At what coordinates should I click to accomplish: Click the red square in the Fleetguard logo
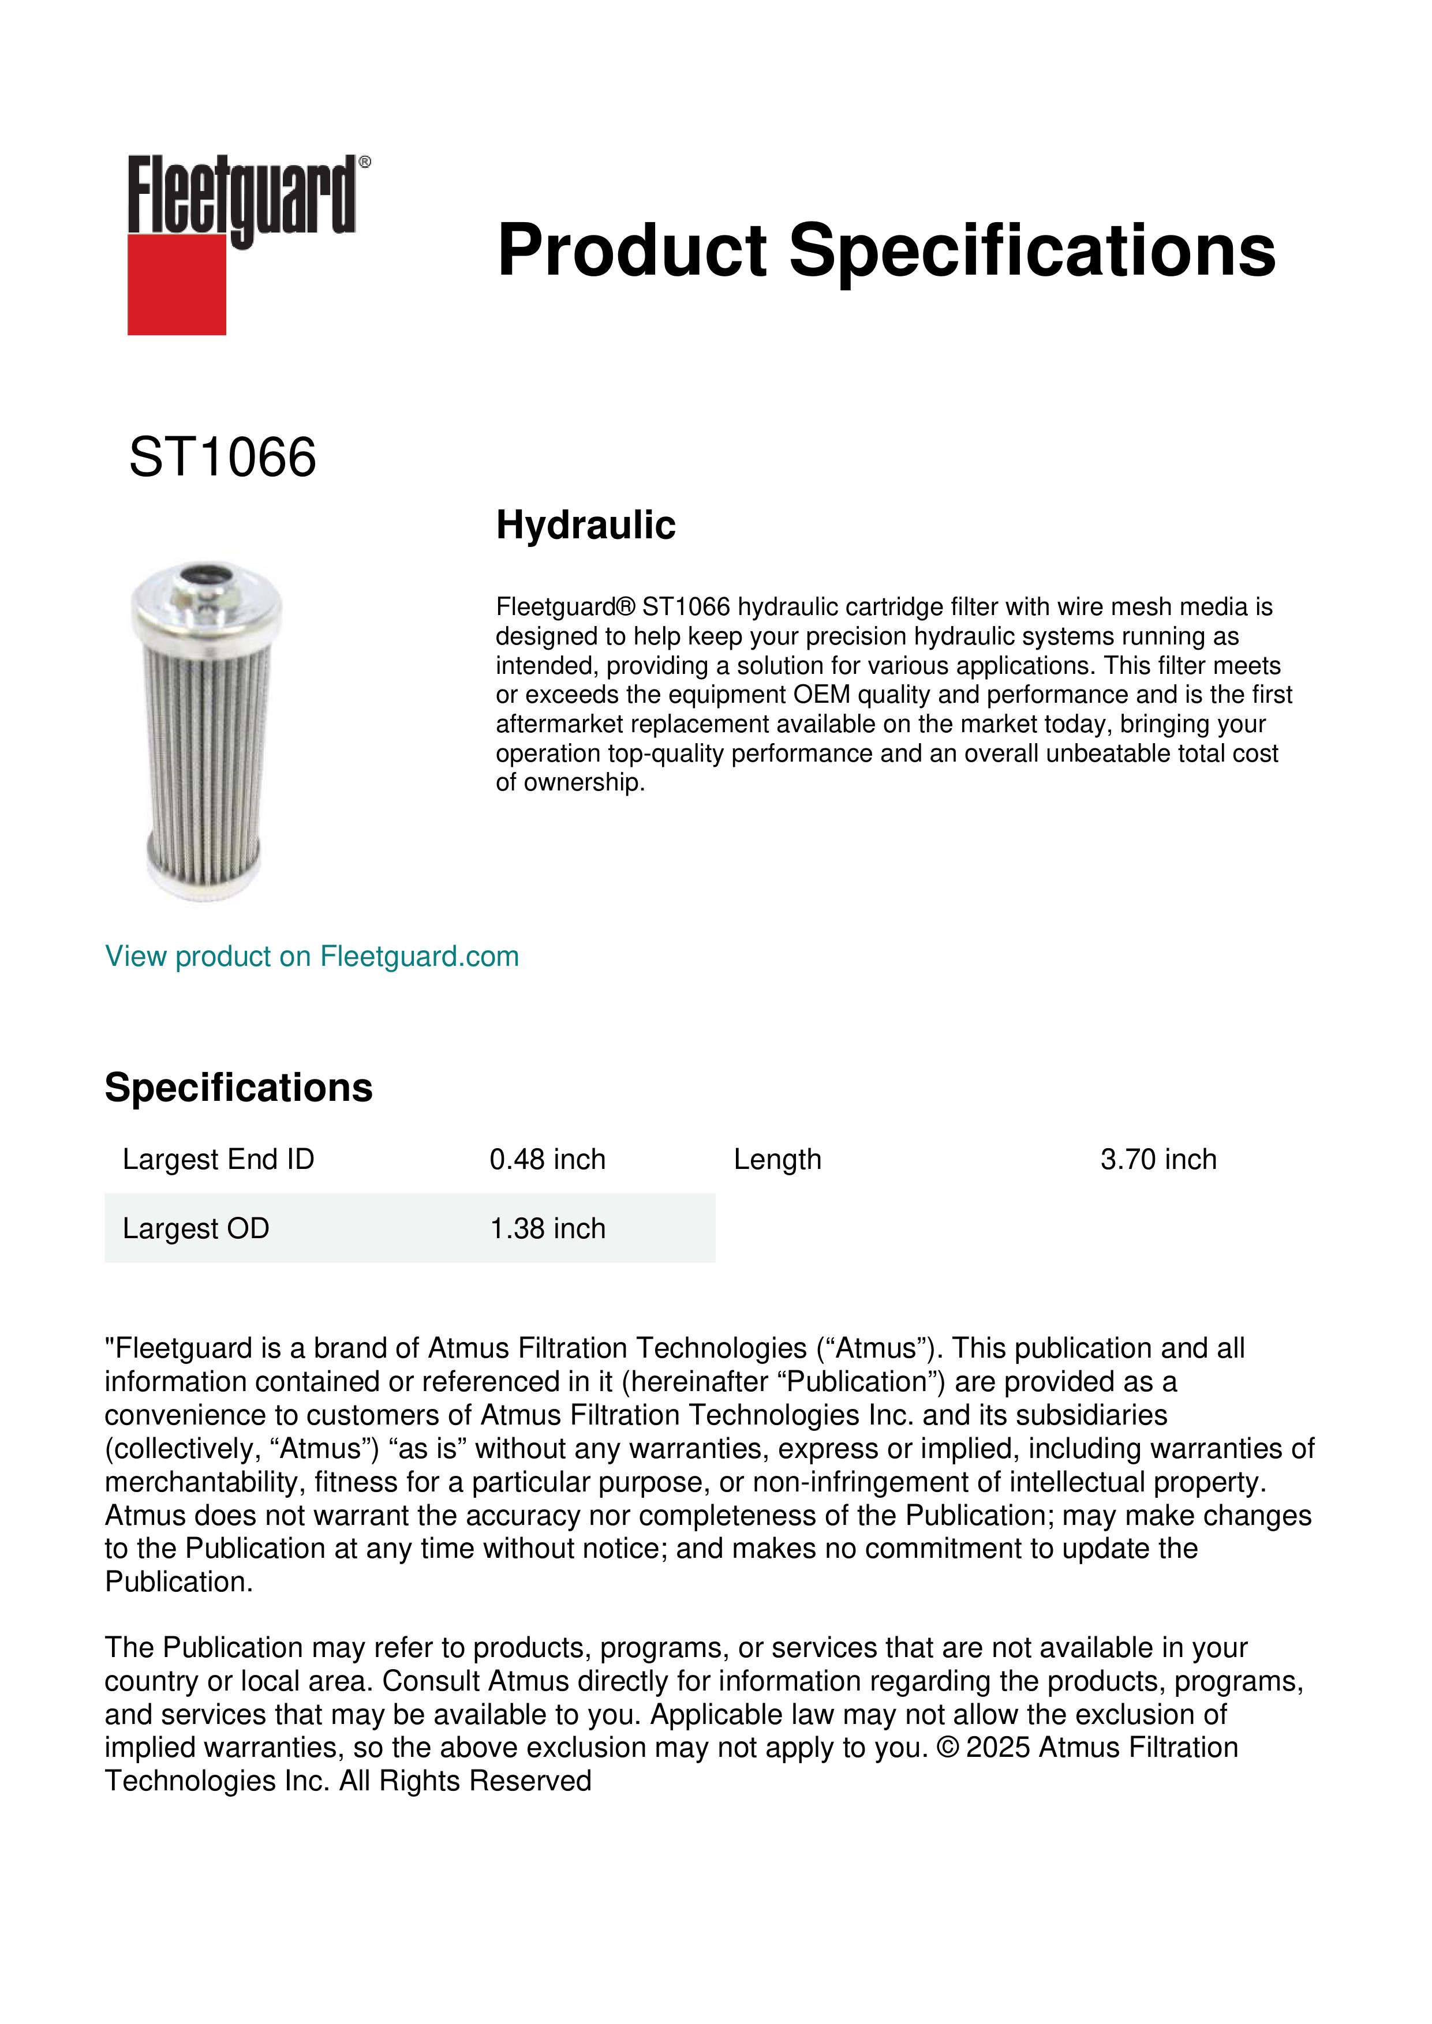[x=177, y=284]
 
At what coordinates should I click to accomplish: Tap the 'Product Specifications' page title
[x=886, y=250]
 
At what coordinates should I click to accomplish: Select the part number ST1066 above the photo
[x=222, y=458]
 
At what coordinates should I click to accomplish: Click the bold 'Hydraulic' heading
[x=585, y=526]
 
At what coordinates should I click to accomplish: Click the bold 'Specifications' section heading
[x=238, y=1088]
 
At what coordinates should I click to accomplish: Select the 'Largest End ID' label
[x=218, y=1159]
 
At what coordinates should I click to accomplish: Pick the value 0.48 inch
[x=548, y=1159]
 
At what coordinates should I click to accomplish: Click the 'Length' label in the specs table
[x=777, y=1159]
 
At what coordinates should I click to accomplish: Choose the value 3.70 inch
[x=1158, y=1159]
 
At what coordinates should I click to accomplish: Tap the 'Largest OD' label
[x=196, y=1228]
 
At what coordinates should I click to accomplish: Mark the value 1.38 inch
[x=548, y=1228]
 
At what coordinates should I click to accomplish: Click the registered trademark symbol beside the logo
[x=365, y=162]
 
